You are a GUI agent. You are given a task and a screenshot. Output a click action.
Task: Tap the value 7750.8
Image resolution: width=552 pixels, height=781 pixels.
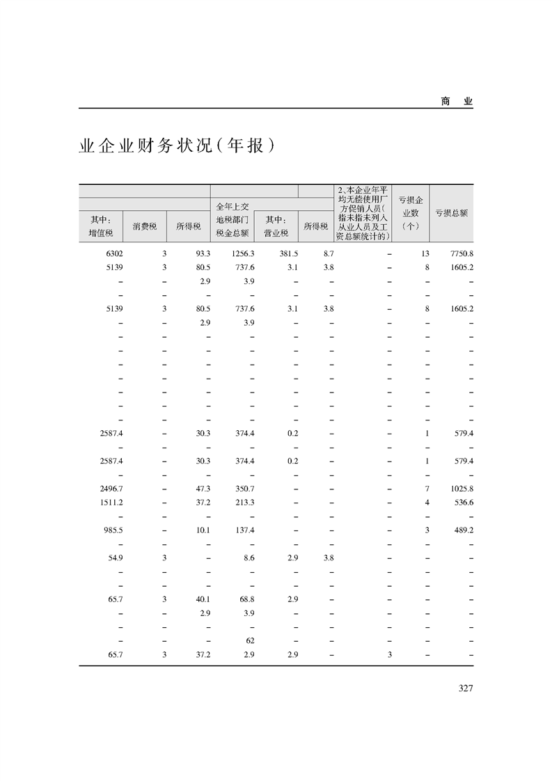pos(462,253)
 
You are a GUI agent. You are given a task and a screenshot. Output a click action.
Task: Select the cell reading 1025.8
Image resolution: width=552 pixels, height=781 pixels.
pos(462,489)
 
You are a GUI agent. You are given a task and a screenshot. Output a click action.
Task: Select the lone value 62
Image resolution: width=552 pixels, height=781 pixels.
pos(251,640)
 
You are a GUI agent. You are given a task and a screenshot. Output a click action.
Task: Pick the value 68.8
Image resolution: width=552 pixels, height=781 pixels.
pos(247,599)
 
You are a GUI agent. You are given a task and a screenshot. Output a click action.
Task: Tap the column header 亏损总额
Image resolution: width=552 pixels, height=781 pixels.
pos(451,213)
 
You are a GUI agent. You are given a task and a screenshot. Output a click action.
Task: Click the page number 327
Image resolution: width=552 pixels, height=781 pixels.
pos(466,688)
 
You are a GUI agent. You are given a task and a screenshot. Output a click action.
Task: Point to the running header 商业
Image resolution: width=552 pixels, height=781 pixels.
pos(457,101)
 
